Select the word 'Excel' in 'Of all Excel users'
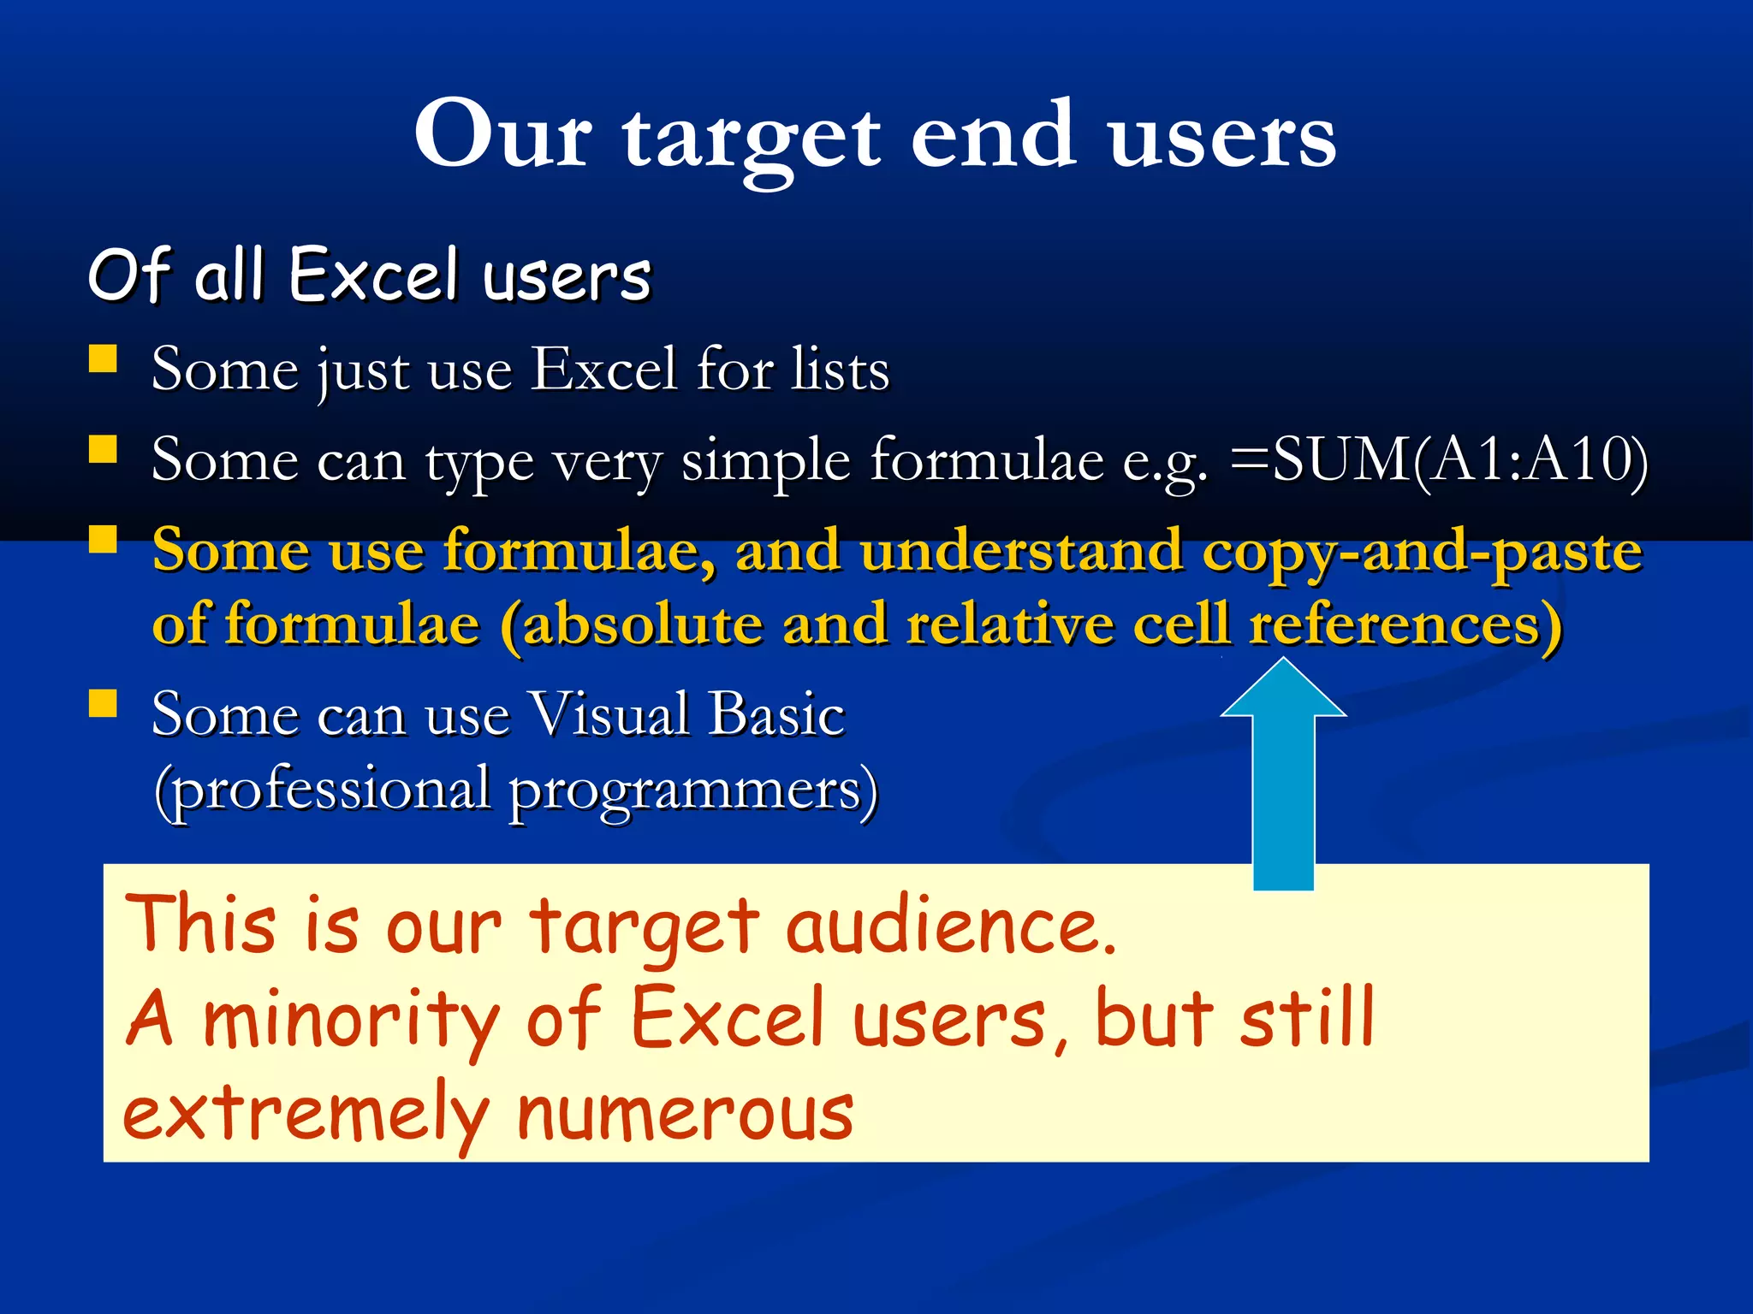tap(373, 275)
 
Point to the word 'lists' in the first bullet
tap(840, 370)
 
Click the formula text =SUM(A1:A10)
tap(1438, 461)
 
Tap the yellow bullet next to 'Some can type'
tap(103, 449)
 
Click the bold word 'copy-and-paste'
tap(1422, 553)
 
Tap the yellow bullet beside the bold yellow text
tap(103, 540)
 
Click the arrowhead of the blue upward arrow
tap(1283, 689)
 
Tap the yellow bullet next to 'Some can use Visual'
tap(103, 703)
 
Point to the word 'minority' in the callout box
tap(351, 1020)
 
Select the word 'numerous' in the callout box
tap(685, 1113)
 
